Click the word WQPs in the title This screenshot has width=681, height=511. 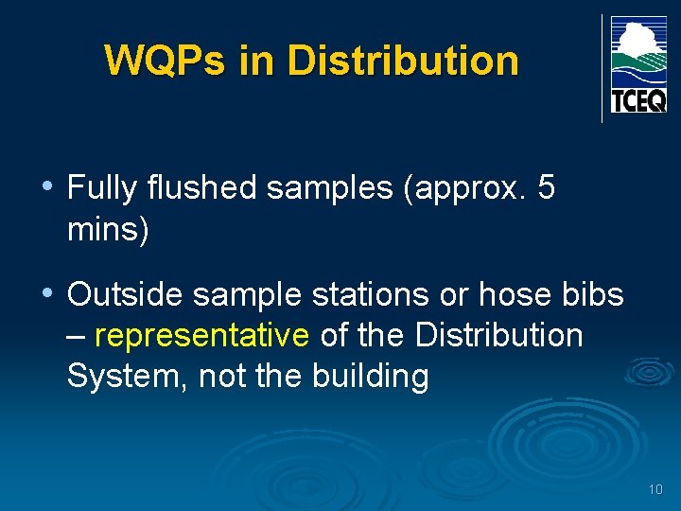coord(166,61)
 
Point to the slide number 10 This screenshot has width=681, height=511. coord(655,489)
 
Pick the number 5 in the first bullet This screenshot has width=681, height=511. coord(546,188)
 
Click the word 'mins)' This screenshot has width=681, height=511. coord(108,229)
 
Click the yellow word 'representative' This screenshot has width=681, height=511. coord(201,336)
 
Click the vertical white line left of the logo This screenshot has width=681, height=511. coord(602,68)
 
